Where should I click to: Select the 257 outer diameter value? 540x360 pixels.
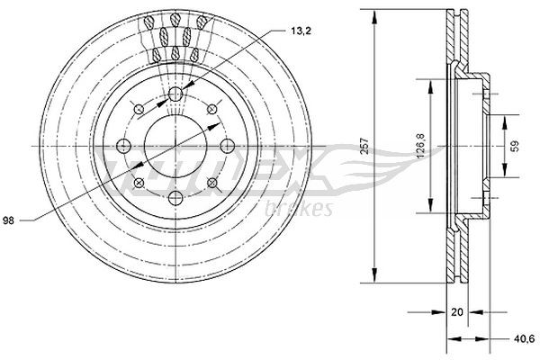(364, 147)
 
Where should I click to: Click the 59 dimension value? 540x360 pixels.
(515, 146)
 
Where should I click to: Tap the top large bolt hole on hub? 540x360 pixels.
(175, 95)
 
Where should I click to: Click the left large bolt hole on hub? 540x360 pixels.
(123, 147)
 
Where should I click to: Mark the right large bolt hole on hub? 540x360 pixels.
(226, 147)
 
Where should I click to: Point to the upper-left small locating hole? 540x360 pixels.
(139, 110)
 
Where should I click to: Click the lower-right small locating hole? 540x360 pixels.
(211, 184)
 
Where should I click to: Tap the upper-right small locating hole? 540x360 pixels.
(211, 110)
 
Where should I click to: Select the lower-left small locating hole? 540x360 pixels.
(139, 184)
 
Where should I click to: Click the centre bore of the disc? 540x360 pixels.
(175, 147)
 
